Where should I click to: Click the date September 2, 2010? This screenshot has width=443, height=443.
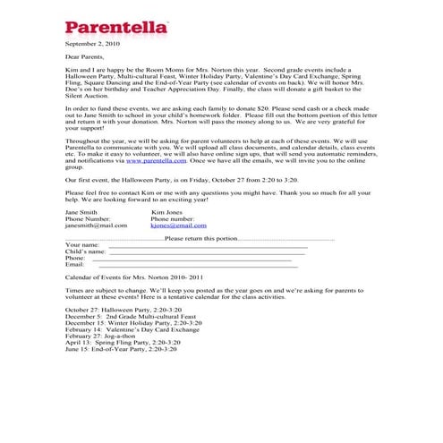point(91,43)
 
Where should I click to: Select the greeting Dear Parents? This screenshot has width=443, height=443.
point(85,56)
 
